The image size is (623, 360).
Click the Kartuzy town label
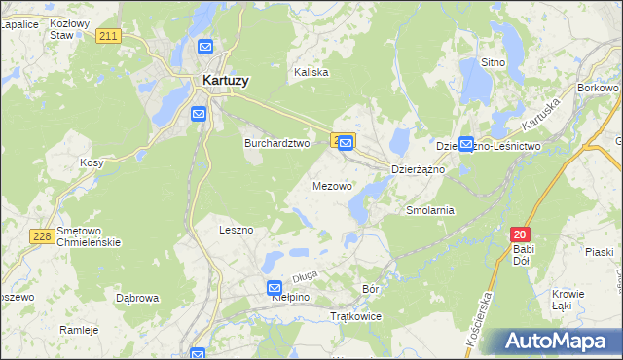point(223,81)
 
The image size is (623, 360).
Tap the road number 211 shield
point(109,36)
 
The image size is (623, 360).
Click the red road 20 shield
point(521,234)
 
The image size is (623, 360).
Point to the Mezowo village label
point(332,185)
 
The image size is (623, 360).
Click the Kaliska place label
point(311,72)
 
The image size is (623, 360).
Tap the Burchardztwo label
point(275,142)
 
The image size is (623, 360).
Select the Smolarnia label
point(430,209)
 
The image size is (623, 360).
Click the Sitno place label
point(494,62)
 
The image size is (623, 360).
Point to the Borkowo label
point(598,88)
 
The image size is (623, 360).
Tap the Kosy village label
point(92,162)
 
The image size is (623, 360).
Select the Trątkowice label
point(356,317)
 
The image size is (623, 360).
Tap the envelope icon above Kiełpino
point(275,288)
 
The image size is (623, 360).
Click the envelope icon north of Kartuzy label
point(205,47)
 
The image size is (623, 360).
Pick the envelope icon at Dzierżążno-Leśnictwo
point(466,144)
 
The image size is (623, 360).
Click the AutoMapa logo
point(554,342)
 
